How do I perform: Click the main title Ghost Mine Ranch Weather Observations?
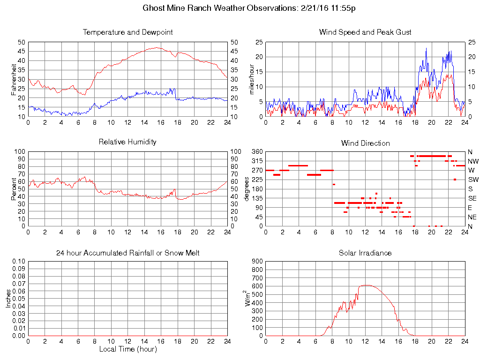(240, 8)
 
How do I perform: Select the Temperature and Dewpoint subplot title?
(127, 32)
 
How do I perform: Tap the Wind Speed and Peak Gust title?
(365, 32)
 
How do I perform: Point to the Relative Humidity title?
(127, 142)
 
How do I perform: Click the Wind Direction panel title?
(365, 143)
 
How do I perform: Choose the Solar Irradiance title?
(365, 253)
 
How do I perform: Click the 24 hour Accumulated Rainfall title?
(127, 253)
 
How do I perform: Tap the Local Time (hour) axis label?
(127, 349)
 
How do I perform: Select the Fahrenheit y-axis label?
(15, 79)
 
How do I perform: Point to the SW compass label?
(473, 180)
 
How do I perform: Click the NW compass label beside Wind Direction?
(473, 161)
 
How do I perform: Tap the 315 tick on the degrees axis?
(257, 161)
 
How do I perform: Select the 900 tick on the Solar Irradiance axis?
(257, 261)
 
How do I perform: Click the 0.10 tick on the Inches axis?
(18, 261)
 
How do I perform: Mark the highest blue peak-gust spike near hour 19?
(426, 48)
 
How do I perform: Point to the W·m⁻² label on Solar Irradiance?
(249, 298)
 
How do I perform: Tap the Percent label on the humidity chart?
(15, 189)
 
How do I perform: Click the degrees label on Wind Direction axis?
(247, 189)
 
